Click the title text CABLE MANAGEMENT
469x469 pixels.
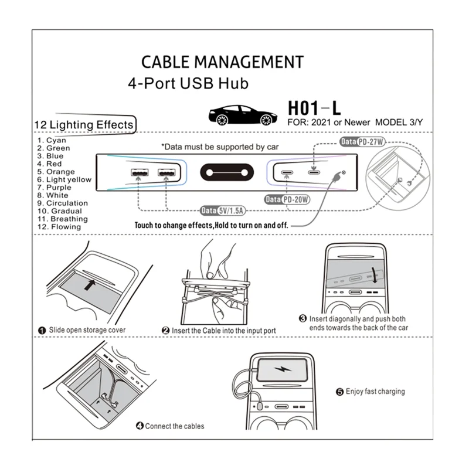[223, 62]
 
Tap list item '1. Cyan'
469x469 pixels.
[52, 140]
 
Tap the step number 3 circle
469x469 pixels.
[303, 318]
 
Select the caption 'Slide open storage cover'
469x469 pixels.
[87, 330]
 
